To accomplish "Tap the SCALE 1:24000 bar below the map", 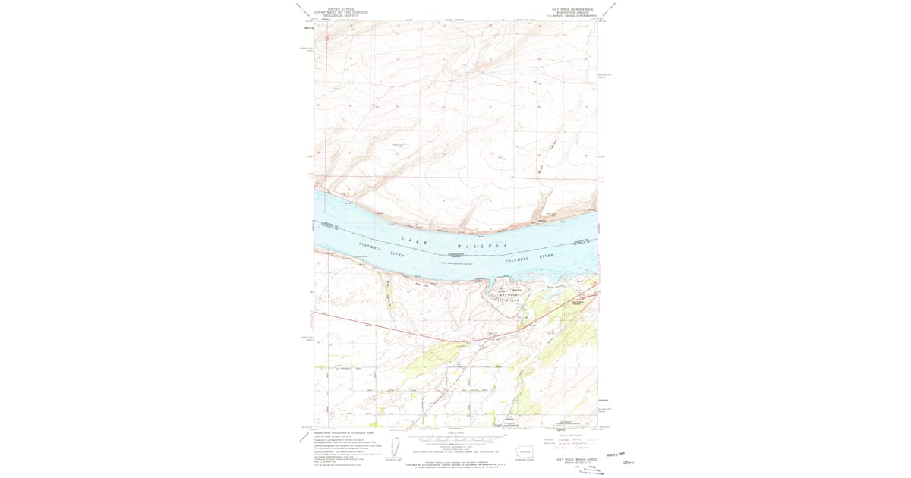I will point(455,436).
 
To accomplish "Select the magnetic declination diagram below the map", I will point(395,448).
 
